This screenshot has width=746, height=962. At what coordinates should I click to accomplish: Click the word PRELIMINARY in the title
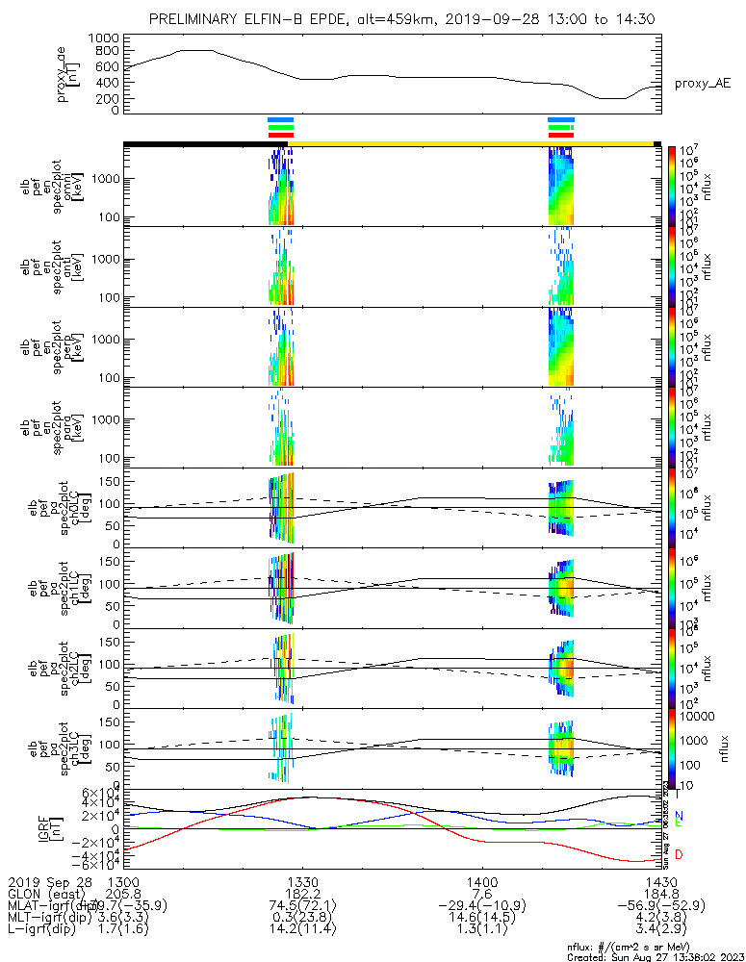click(x=200, y=19)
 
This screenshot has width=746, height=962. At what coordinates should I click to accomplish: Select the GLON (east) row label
click(x=44, y=894)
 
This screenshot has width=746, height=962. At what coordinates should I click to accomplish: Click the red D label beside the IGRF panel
click(x=679, y=854)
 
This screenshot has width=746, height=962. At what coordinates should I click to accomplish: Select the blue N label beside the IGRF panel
click(x=679, y=816)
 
